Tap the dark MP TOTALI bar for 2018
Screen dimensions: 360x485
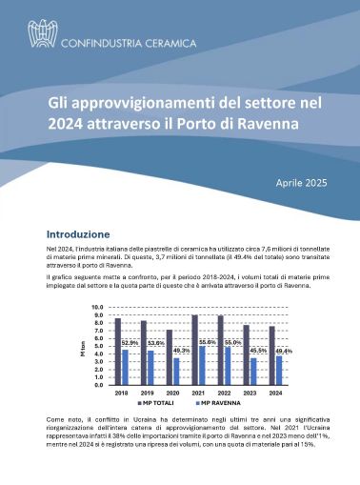pos(118,353)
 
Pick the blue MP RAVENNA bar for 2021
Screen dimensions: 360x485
pos(203,366)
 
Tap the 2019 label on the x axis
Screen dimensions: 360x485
pos(148,393)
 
